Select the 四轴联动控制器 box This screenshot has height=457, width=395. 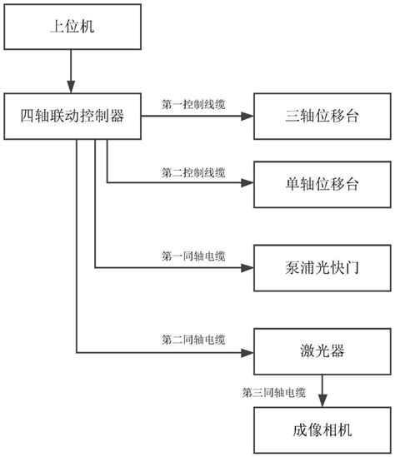72,116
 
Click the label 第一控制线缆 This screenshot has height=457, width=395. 192,105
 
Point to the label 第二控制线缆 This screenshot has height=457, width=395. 192,171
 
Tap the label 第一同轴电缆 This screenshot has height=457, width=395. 192,256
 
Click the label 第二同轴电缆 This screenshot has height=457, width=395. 192,340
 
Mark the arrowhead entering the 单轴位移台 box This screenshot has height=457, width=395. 246,182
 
